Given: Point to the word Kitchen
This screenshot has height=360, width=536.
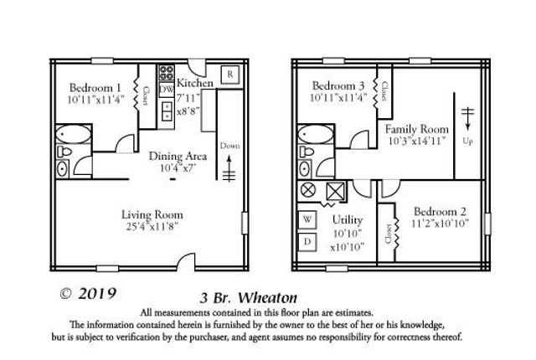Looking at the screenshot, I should click(195, 85).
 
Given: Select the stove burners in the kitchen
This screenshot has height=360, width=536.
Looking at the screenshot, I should click(166, 72).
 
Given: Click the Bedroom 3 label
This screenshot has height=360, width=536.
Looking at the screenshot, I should click(338, 86).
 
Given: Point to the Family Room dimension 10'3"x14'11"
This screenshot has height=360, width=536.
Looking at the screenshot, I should click(416, 142).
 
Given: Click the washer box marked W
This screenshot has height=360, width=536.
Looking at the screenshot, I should click(307, 219).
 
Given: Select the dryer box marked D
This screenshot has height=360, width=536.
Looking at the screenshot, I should click(307, 242).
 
